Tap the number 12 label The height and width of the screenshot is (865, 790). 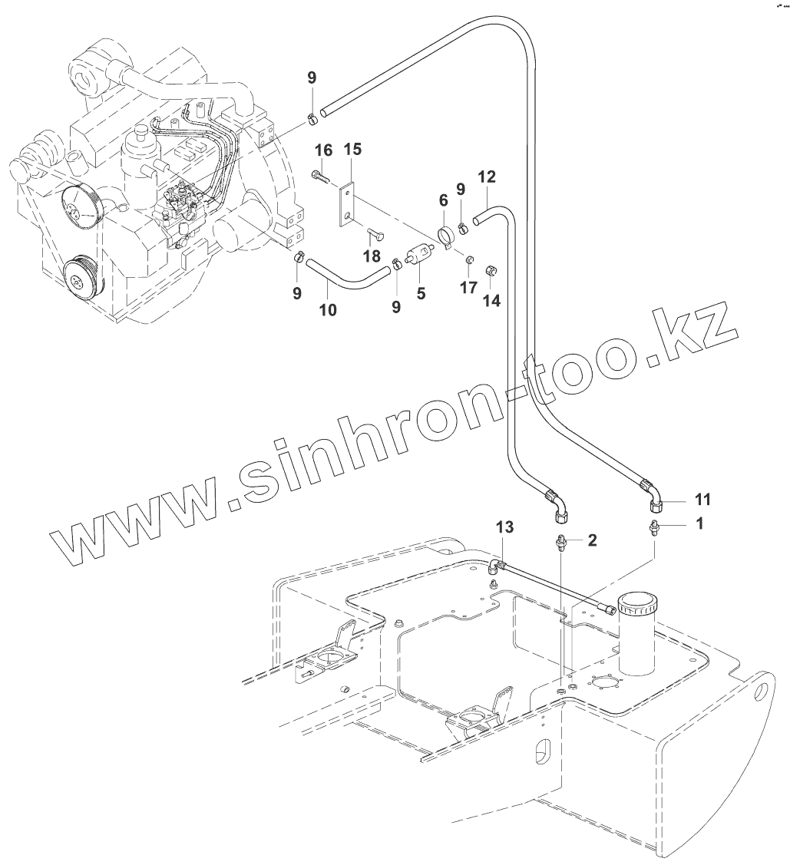coord(487,177)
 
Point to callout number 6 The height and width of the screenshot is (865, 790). coord(443,200)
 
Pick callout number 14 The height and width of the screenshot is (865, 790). coord(491,301)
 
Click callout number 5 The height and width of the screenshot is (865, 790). coord(421,292)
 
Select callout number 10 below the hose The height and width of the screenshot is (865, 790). coord(328,309)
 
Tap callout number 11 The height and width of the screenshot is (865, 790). coord(702,500)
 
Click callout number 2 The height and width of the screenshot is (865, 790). coord(592,540)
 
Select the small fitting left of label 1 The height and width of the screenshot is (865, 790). coord(655,530)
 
